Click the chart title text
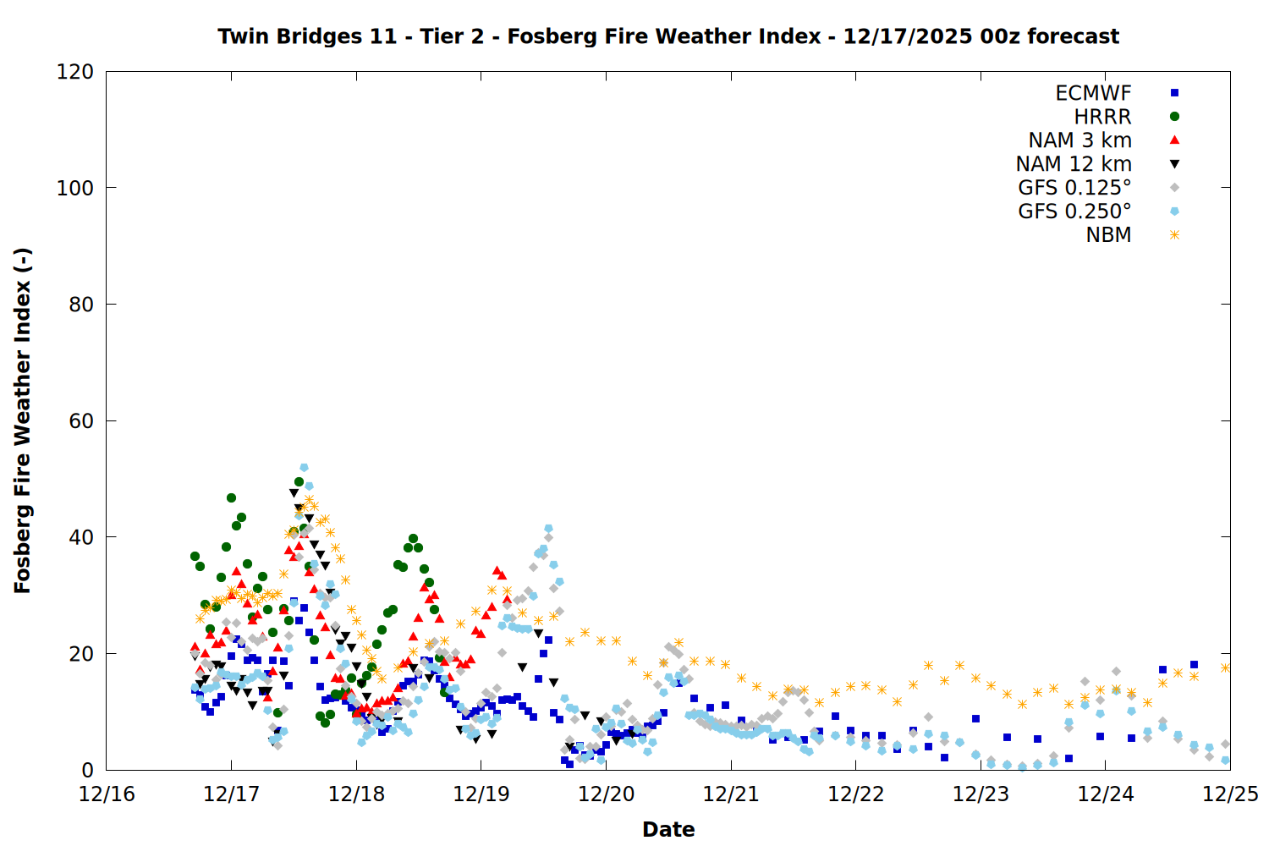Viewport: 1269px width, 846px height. click(x=668, y=36)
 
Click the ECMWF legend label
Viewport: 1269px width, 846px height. click(x=1093, y=93)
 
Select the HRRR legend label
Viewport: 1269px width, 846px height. click(x=1102, y=117)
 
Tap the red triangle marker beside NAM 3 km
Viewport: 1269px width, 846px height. click(x=1174, y=140)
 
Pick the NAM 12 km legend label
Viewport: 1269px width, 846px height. click(x=1074, y=164)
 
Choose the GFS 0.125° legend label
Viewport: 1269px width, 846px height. click(x=1074, y=188)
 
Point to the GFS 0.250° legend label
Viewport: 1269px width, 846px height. click(x=1074, y=211)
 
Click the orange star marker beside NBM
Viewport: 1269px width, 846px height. click(x=1174, y=235)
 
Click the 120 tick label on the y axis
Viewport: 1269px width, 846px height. click(x=75, y=72)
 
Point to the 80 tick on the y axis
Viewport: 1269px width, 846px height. click(x=81, y=305)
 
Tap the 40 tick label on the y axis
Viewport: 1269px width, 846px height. click(x=81, y=537)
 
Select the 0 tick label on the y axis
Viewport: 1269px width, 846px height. click(x=87, y=770)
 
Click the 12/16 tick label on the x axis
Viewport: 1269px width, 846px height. click(x=107, y=794)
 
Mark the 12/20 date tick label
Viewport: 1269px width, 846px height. click(x=606, y=794)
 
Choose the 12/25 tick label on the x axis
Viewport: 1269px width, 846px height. click(x=1230, y=794)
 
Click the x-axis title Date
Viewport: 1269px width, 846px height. click(x=668, y=829)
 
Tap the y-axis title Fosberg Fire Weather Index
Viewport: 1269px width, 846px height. click(x=23, y=420)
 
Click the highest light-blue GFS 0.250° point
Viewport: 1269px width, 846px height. click(x=304, y=468)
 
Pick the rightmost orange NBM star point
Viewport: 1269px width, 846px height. click(x=1225, y=667)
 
